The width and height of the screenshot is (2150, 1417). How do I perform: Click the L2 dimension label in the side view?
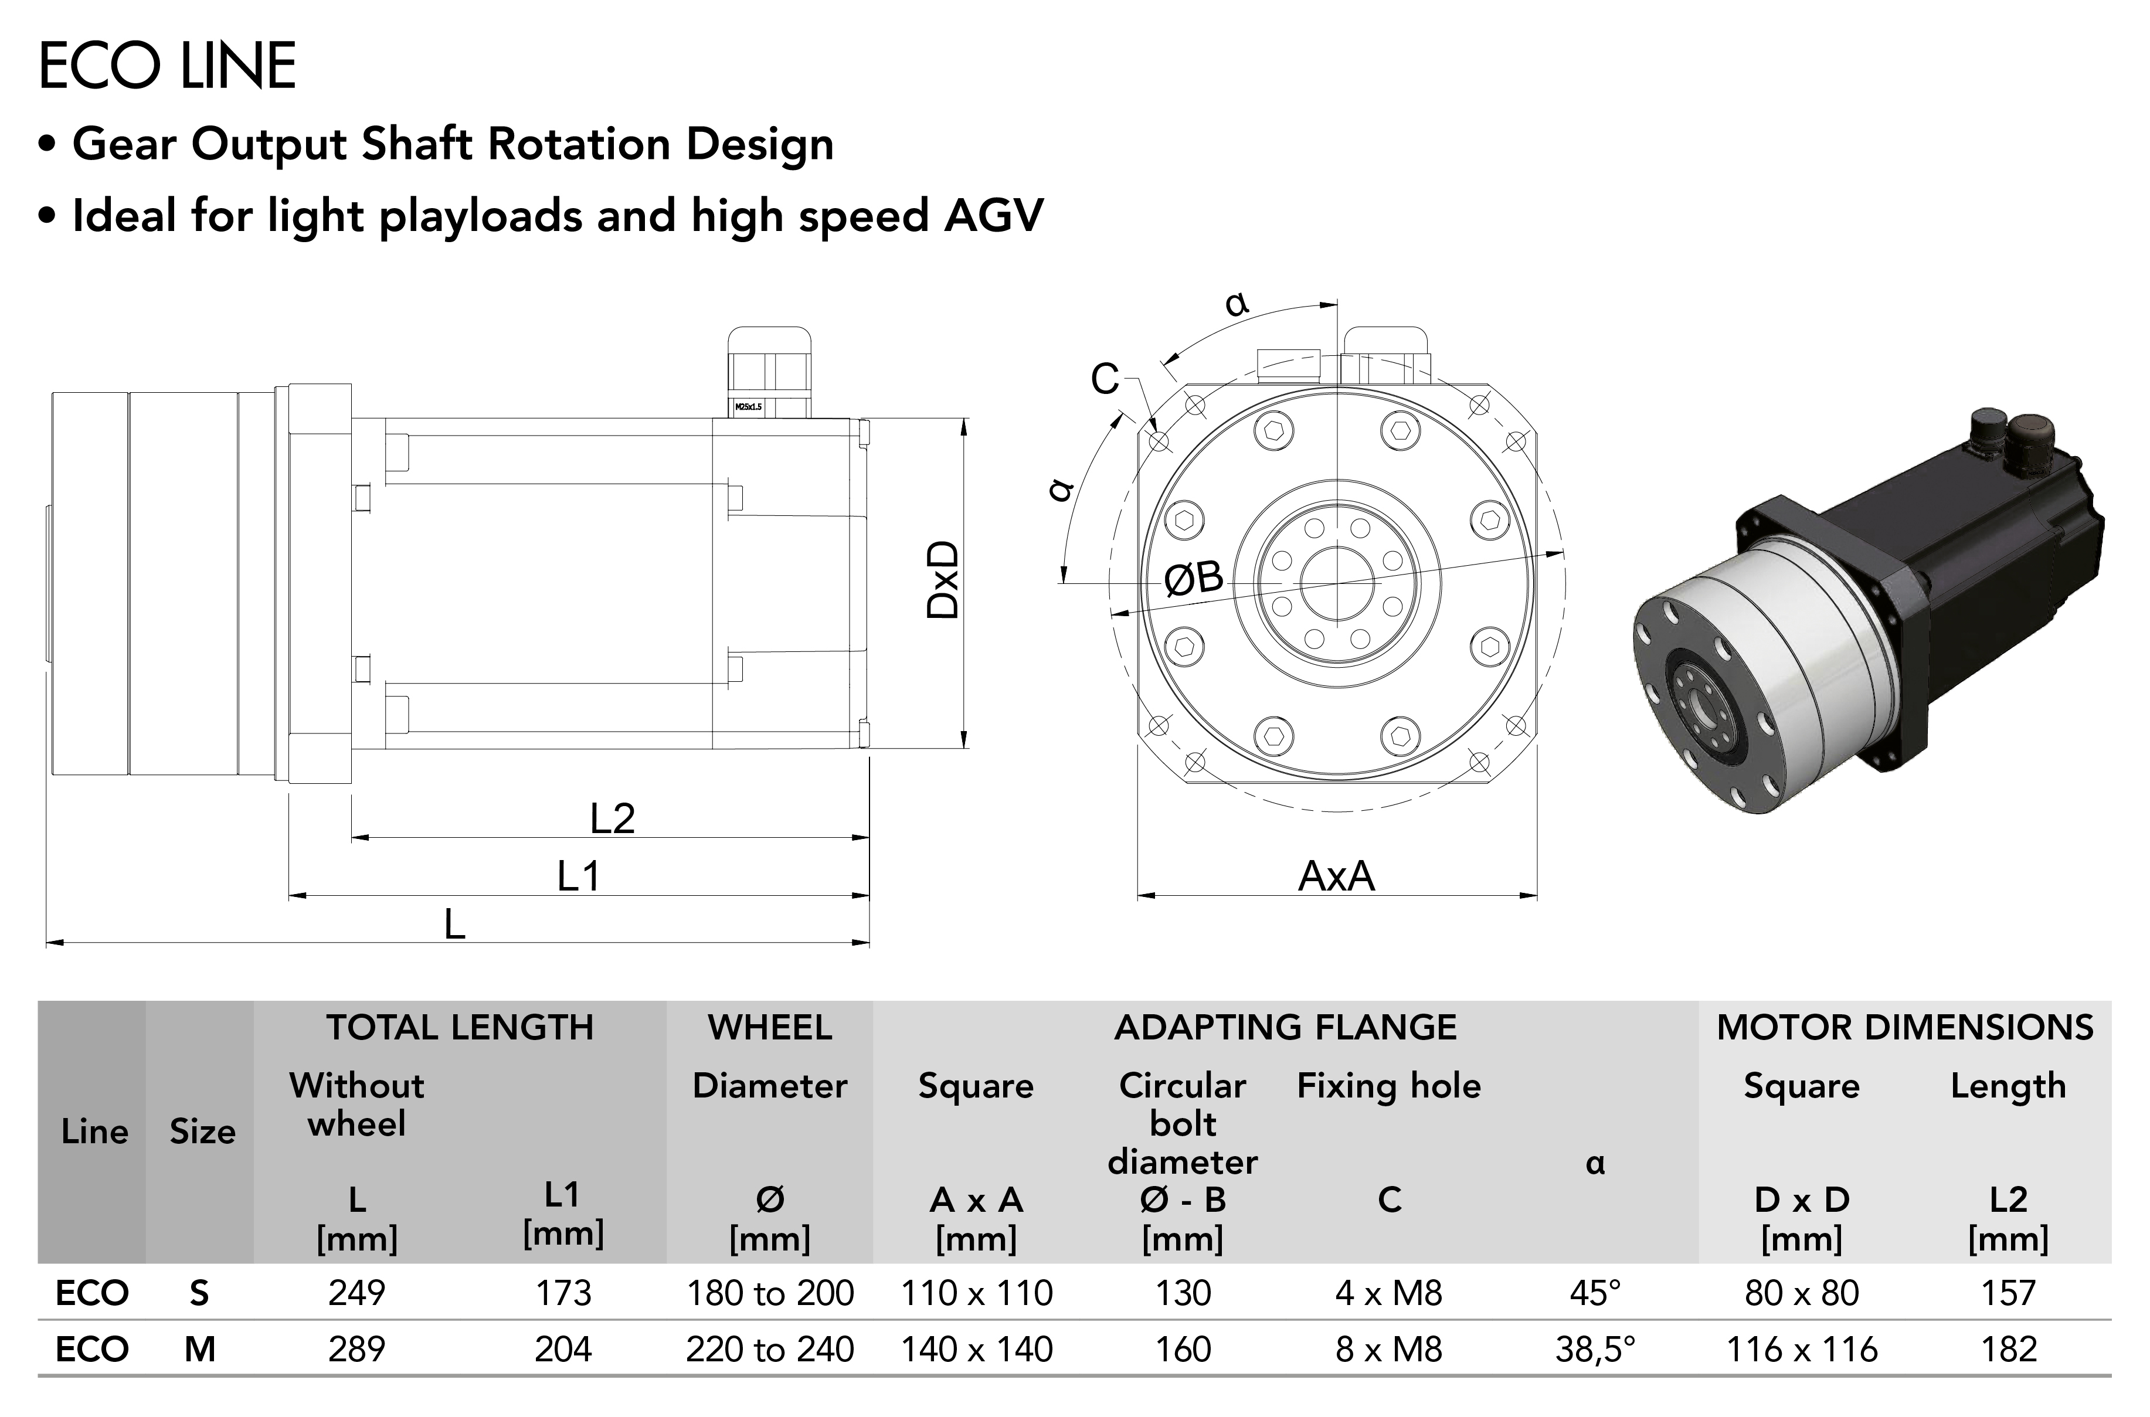(613, 819)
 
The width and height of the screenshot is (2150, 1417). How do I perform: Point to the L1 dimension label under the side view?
(578, 876)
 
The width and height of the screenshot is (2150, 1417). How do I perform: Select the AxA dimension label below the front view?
(1337, 876)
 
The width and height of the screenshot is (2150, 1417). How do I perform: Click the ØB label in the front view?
(1194, 579)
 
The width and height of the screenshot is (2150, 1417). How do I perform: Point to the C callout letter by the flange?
(1105, 379)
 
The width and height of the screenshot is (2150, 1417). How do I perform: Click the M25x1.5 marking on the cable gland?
(748, 407)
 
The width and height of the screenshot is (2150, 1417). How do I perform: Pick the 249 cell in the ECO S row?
(357, 1293)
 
